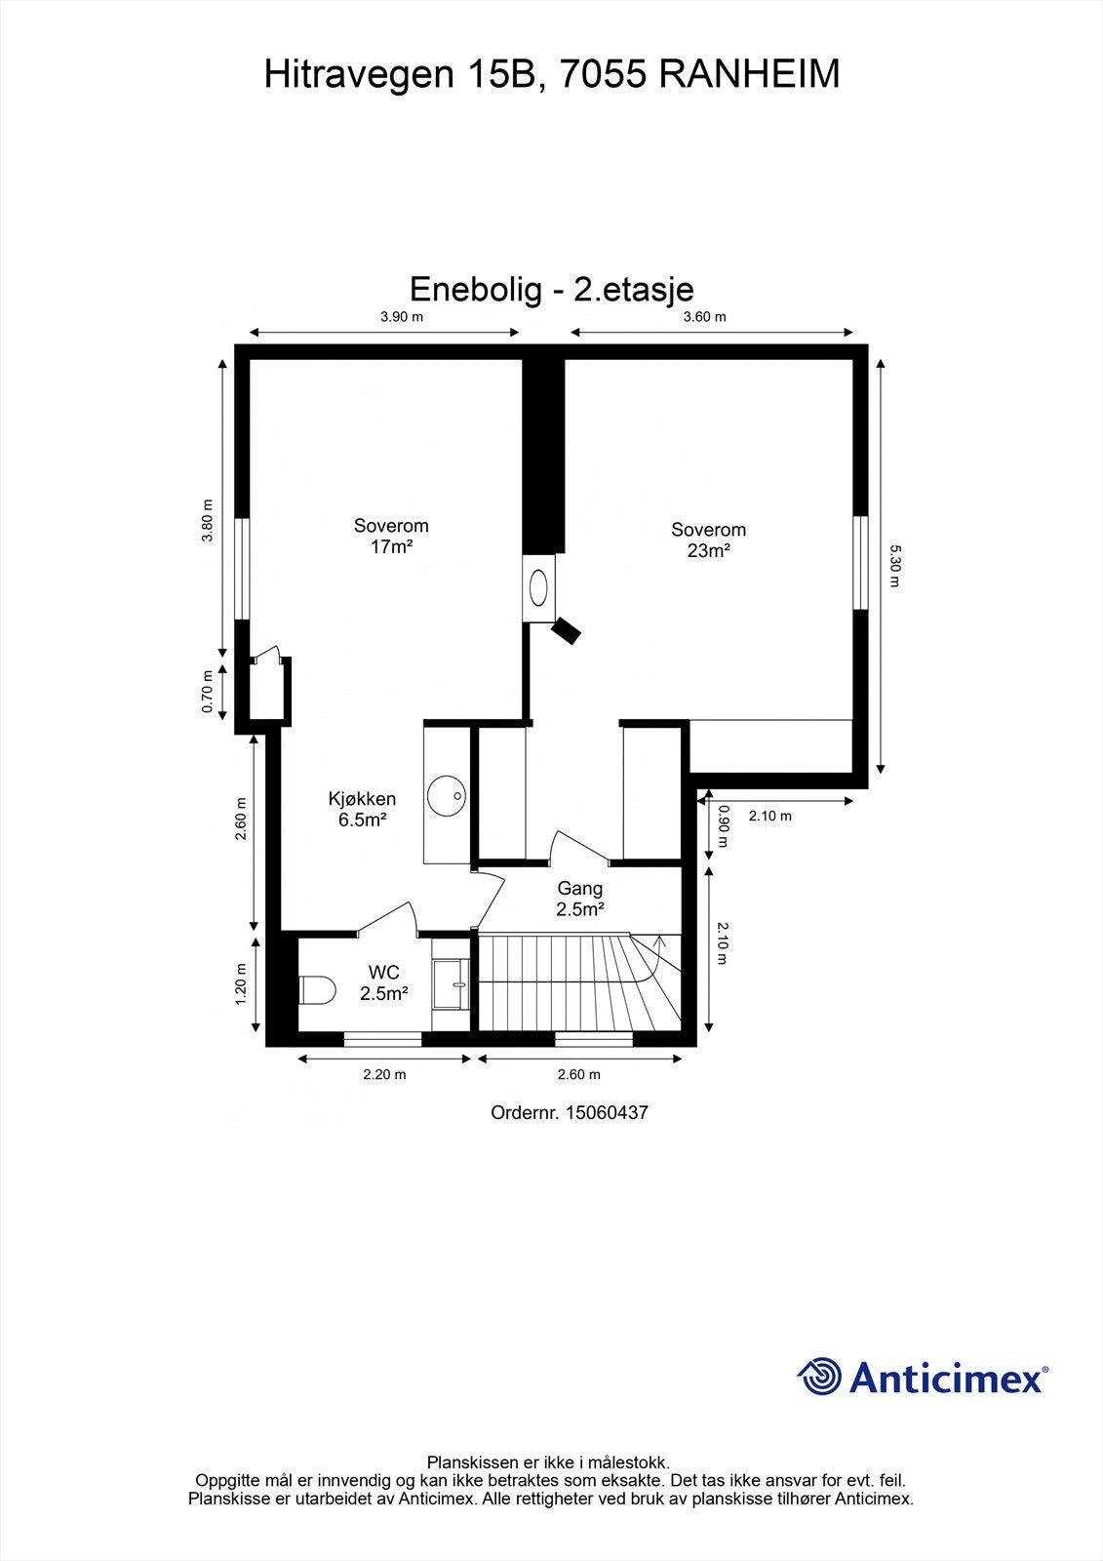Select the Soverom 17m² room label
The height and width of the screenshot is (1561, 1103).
point(391,536)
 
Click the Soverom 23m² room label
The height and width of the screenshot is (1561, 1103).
point(709,540)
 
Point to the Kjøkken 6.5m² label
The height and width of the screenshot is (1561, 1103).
point(362,809)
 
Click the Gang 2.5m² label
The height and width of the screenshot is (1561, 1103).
point(580,898)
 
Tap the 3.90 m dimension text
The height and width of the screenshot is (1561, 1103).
point(401,317)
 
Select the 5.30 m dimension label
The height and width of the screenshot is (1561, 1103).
point(894,566)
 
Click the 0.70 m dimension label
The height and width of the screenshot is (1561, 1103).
point(208,691)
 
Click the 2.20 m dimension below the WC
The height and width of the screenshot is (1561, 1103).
point(384,1075)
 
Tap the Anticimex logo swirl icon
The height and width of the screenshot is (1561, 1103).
point(819,1377)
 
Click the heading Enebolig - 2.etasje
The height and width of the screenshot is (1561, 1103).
point(551,290)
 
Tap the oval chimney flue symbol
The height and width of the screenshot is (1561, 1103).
point(538,587)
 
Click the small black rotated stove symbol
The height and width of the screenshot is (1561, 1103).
point(566,630)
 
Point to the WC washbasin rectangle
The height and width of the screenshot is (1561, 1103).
point(452,983)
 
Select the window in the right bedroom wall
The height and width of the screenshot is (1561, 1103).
point(859,563)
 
